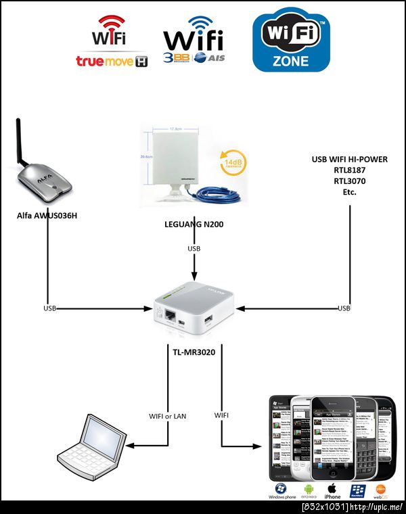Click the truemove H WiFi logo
click(112, 44)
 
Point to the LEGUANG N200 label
click(194, 224)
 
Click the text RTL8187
click(350, 170)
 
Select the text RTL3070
click(350, 181)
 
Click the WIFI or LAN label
click(167, 415)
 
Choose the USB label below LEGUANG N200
click(194, 250)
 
